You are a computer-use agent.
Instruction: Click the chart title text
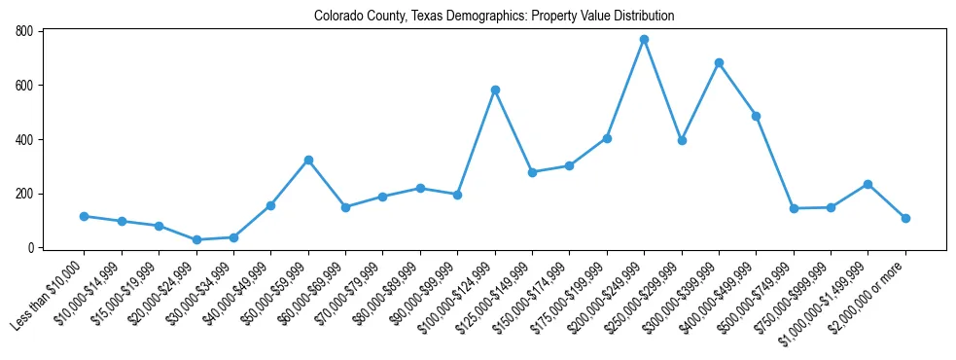click(494, 17)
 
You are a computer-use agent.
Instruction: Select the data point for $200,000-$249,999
click(644, 40)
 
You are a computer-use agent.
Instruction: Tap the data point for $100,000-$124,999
click(495, 90)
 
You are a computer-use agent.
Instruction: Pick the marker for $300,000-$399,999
click(719, 63)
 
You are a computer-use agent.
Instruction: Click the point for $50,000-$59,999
click(308, 160)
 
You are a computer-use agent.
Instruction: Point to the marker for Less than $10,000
click(85, 216)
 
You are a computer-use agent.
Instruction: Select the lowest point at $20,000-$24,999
click(196, 239)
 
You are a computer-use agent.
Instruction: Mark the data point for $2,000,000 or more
click(905, 218)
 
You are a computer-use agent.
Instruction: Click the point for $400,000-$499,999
click(756, 116)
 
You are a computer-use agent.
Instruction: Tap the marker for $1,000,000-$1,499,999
click(867, 184)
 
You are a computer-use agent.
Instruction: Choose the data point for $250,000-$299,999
click(682, 140)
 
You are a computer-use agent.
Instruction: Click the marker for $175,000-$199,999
click(607, 138)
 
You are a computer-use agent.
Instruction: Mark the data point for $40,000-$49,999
click(271, 205)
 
